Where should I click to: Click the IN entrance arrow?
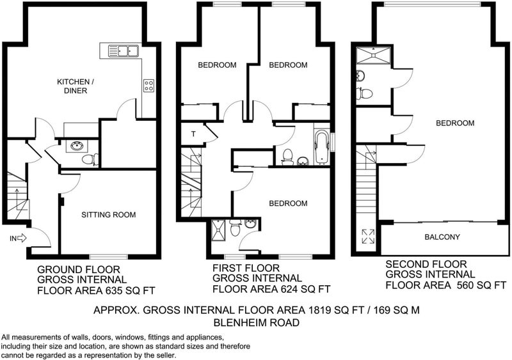pos(22,239)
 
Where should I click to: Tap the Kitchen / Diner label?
pos(76,86)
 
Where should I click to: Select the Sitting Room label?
pos(108,215)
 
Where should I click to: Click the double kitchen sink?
pos(124,51)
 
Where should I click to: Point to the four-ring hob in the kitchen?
pos(148,86)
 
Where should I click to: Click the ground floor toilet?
pos(90,160)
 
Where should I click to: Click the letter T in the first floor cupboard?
pos(194,134)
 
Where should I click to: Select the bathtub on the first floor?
pos(322,147)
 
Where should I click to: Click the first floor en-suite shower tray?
pos(218,230)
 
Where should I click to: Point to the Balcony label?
pos(442,237)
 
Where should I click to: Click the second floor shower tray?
pos(374,56)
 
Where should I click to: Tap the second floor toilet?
pos(364,93)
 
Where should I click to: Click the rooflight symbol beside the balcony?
pos(368,237)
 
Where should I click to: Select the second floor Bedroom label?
pos(455,123)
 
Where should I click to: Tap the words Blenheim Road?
pos(257,323)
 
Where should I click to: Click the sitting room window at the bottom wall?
pos(109,256)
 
